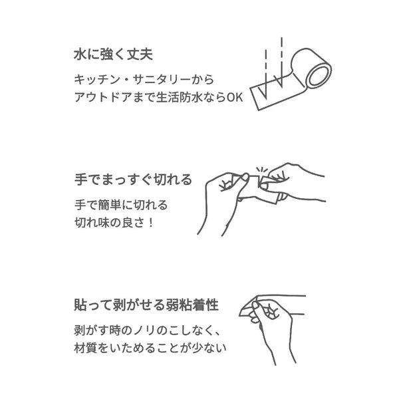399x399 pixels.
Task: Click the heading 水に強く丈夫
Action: (x=113, y=55)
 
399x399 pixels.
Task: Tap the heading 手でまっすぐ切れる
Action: (x=133, y=180)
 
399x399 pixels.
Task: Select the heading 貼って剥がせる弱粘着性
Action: (x=146, y=305)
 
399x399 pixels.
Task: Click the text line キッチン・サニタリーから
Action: (x=144, y=79)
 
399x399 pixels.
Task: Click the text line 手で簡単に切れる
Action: (x=121, y=205)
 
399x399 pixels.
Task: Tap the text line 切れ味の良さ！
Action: (x=114, y=223)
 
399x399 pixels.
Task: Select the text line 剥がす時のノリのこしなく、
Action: (x=147, y=331)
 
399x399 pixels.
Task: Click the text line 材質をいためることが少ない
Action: (x=150, y=348)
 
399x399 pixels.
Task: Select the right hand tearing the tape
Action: (x=293, y=184)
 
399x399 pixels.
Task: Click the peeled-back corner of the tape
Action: (x=247, y=308)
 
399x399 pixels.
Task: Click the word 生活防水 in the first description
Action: (x=179, y=97)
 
